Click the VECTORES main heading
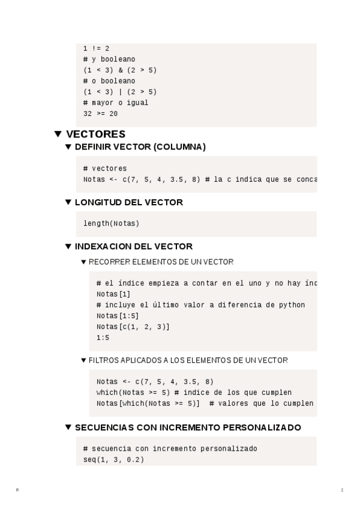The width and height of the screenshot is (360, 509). (95, 134)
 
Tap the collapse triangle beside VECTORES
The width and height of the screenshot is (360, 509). (58, 134)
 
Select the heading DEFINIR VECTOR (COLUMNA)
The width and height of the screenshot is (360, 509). (140, 147)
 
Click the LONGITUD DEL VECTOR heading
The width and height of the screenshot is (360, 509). (128, 202)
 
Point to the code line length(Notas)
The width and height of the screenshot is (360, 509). (111, 224)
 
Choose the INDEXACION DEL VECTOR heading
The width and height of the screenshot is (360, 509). (133, 246)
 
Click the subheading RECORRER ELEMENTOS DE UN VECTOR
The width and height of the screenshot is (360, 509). (161, 262)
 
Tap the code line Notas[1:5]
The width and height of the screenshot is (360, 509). (113, 316)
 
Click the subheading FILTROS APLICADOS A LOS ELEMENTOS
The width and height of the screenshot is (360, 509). (188, 361)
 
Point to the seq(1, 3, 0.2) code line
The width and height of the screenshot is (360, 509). (113, 460)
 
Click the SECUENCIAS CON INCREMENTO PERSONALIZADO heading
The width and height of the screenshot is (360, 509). (187, 427)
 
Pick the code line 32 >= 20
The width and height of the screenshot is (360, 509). (101, 113)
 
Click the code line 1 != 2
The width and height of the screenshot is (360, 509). (96, 49)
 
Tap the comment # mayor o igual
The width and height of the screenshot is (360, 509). (116, 103)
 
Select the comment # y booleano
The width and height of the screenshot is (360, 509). (109, 59)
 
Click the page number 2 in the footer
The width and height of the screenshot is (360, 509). (342, 490)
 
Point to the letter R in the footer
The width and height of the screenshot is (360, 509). (17, 490)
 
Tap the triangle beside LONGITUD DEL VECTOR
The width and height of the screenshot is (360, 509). (68, 202)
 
